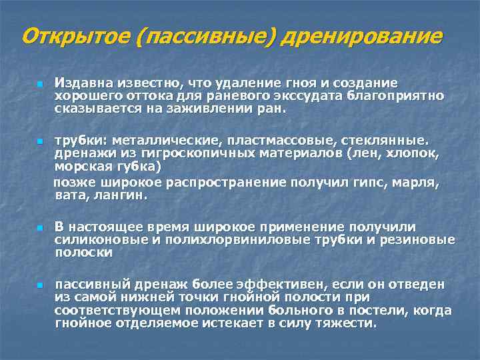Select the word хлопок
tap(417, 153)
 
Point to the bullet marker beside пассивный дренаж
tap(40, 285)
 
